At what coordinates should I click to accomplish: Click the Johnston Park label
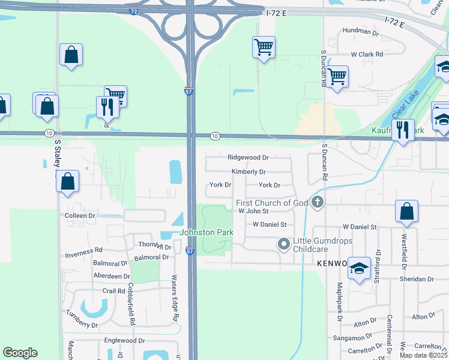[206, 233]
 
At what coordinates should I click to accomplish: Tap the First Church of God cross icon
[318, 203]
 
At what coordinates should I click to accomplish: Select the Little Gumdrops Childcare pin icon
[283, 244]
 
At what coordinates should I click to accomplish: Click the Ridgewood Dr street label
[248, 157]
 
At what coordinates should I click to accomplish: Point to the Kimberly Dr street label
[249, 172]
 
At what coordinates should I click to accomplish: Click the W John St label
[253, 211]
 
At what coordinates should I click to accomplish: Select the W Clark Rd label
[367, 54]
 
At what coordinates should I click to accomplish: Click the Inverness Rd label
[84, 250]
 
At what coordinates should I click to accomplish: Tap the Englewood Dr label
[125, 341]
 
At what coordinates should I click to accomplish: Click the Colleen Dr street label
[80, 215]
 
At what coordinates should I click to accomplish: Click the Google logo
[20, 353]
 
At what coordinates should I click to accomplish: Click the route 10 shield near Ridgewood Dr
[214, 137]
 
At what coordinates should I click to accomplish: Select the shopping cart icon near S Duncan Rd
[337, 76]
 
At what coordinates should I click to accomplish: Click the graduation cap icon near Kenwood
[359, 268]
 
